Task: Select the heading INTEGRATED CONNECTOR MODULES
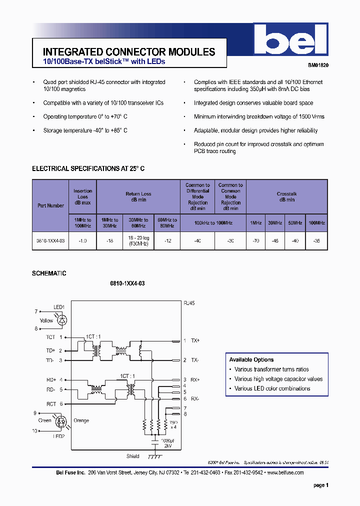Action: pyautogui.click(x=129, y=52)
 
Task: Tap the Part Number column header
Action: pyautogui.click(x=50, y=205)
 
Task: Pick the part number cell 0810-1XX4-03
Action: pyautogui.click(x=50, y=240)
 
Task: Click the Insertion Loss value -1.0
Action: pyautogui.click(x=82, y=240)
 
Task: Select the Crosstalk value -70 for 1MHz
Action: pyautogui.click(x=256, y=240)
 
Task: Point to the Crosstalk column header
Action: pyautogui.click(x=286, y=196)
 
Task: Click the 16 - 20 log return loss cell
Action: pyautogui.click(x=138, y=240)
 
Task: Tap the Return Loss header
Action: pyautogui.click(x=138, y=196)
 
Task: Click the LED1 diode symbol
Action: pyautogui.click(x=62, y=319)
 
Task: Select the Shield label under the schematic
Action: pyautogui.click(x=133, y=456)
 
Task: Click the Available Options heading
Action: pyautogui.click(x=251, y=359)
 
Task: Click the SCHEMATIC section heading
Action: pyautogui.click(x=49, y=273)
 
